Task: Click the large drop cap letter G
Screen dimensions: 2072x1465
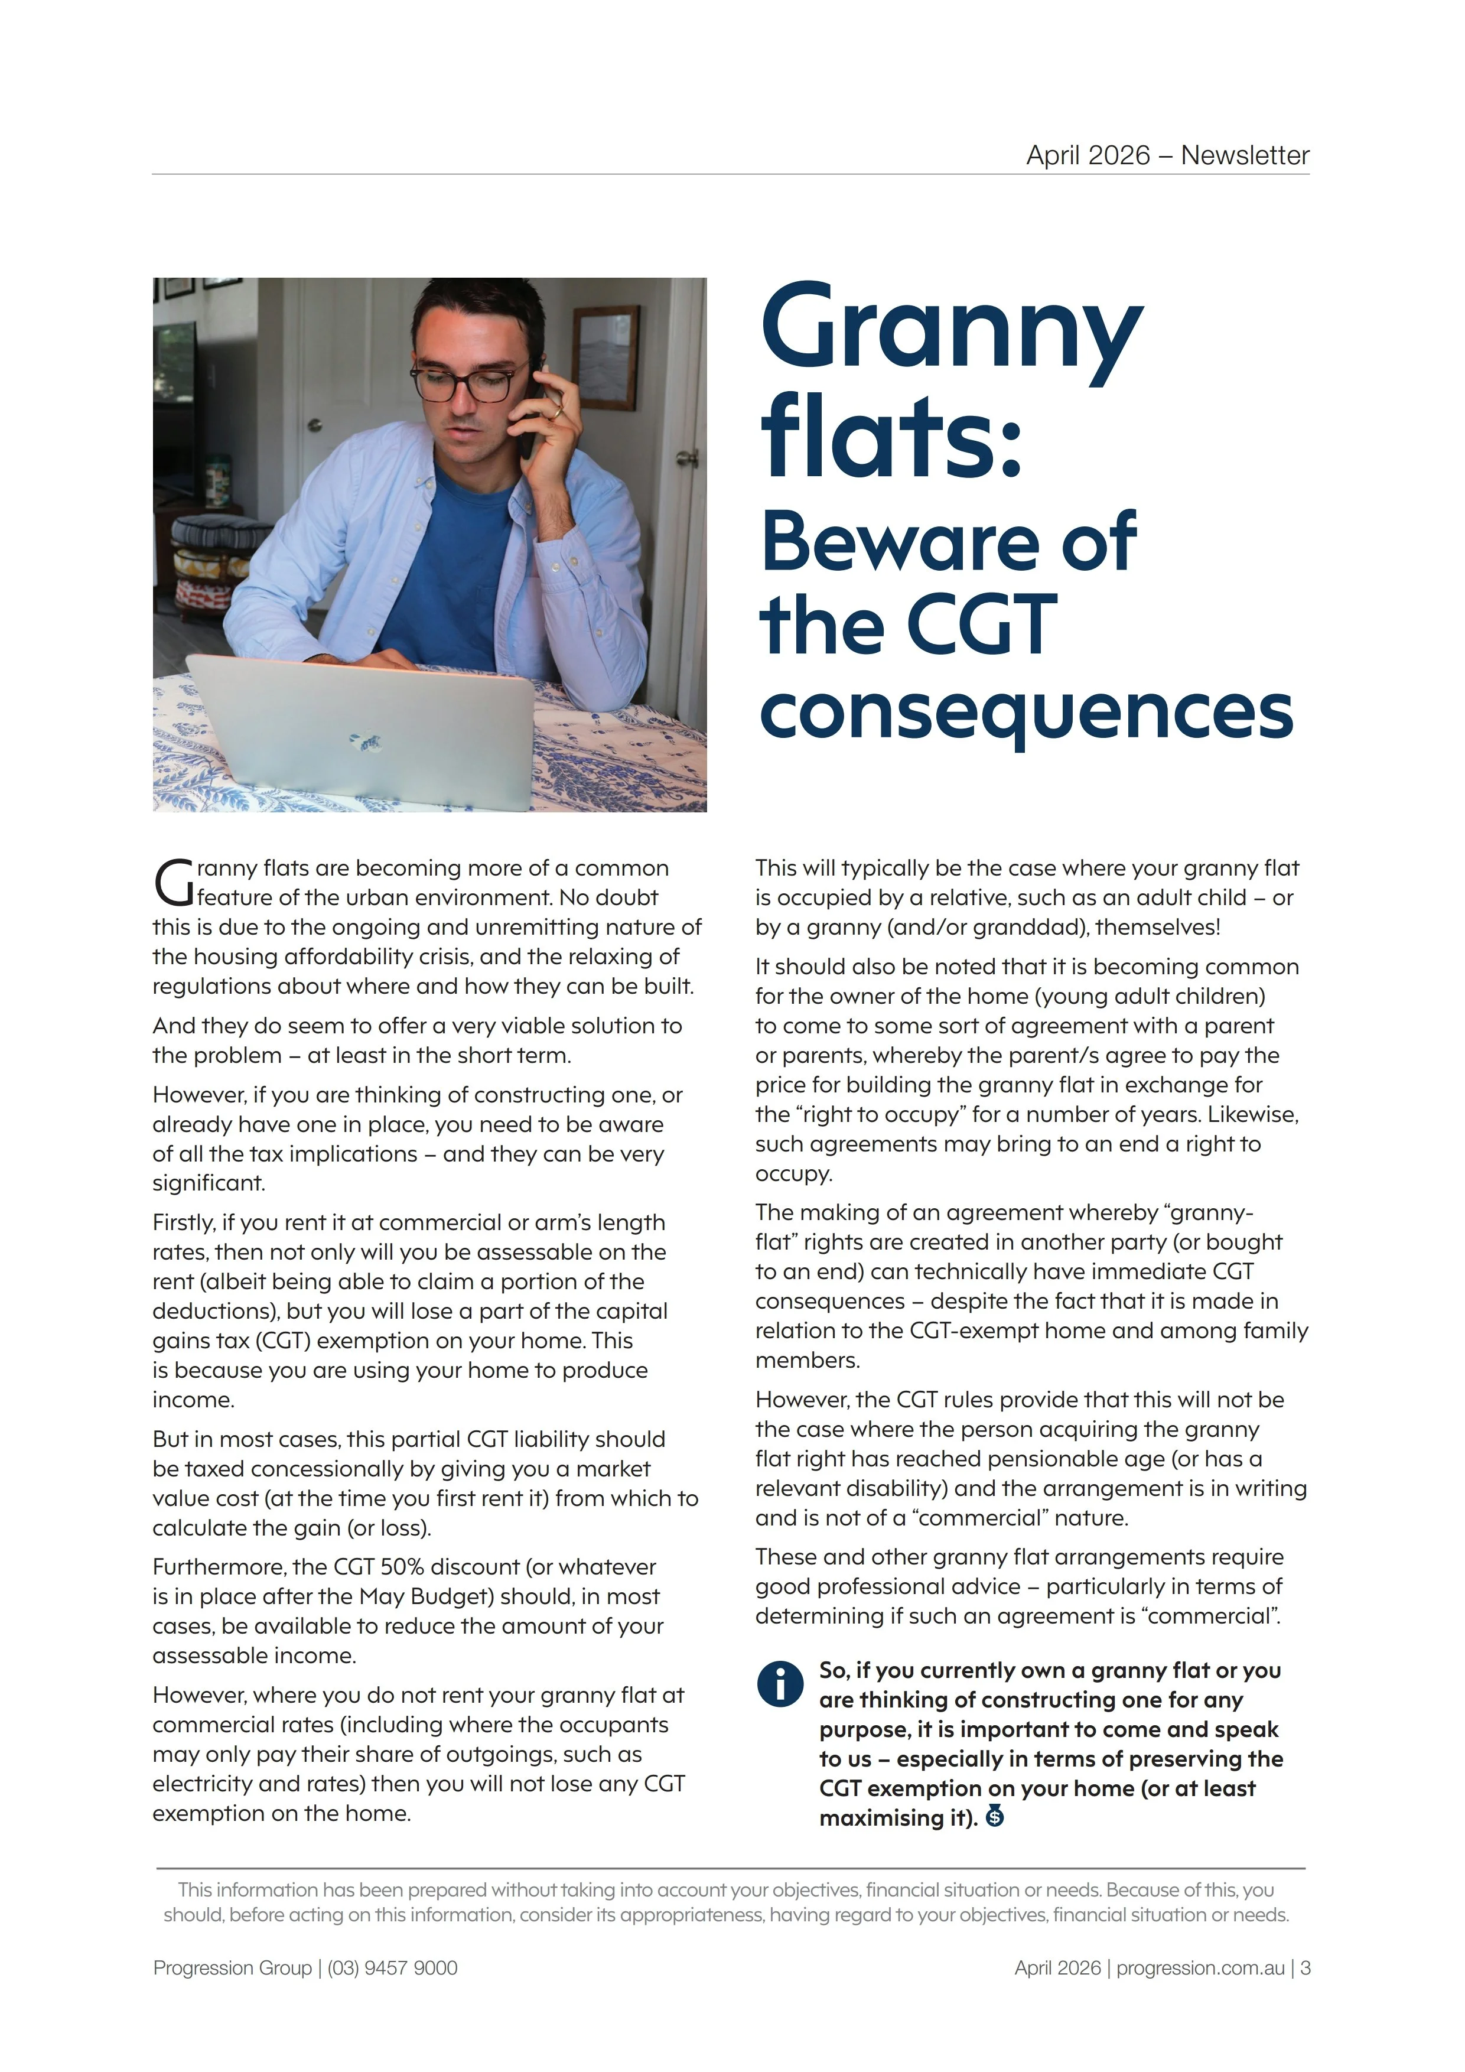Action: [172, 883]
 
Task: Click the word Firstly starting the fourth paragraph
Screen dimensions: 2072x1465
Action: [184, 1223]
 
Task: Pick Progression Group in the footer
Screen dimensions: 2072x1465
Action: [232, 1967]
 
